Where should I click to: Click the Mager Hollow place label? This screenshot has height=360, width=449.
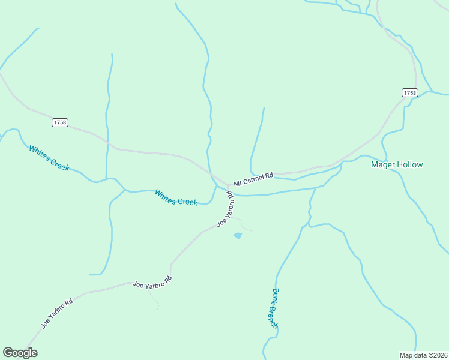[x=397, y=164]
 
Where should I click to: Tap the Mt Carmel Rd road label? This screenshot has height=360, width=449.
[x=253, y=179]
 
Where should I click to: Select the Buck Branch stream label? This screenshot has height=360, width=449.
[x=274, y=308]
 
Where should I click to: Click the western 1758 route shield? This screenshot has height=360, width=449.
[x=59, y=122]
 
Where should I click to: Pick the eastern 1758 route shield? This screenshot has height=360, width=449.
[x=409, y=92]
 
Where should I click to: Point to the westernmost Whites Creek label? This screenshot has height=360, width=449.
[x=49, y=158]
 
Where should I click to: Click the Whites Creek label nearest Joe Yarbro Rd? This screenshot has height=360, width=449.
[x=176, y=197]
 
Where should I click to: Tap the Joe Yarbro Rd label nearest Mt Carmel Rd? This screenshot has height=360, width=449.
[x=225, y=209]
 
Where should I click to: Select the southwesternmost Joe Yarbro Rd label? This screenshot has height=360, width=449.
[x=57, y=313]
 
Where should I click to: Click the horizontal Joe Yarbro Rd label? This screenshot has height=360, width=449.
[x=152, y=283]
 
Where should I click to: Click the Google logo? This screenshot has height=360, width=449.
[x=20, y=353]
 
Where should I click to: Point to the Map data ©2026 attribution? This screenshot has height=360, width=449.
[x=423, y=355]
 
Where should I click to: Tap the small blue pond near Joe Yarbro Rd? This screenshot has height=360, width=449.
[x=238, y=236]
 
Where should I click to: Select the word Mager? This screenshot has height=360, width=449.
[x=382, y=164]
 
